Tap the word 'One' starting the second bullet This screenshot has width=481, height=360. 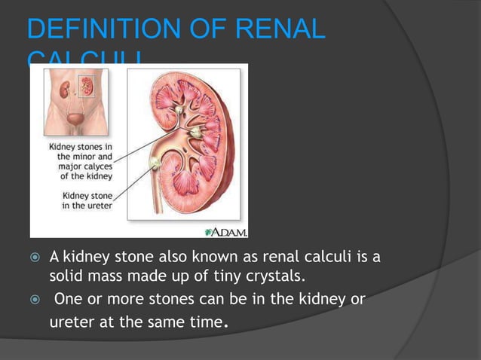69,300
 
